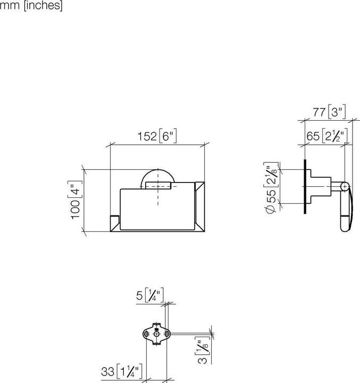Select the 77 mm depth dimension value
click(319, 113)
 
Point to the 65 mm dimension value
click(313, 136)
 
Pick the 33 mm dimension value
click(108, 372)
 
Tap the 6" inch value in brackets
click(168, 136)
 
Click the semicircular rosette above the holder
click(158, 177)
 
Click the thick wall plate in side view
click(305, 187)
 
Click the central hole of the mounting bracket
click(156, 334)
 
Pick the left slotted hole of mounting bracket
click(147, 334)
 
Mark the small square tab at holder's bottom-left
click(115, 223)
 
